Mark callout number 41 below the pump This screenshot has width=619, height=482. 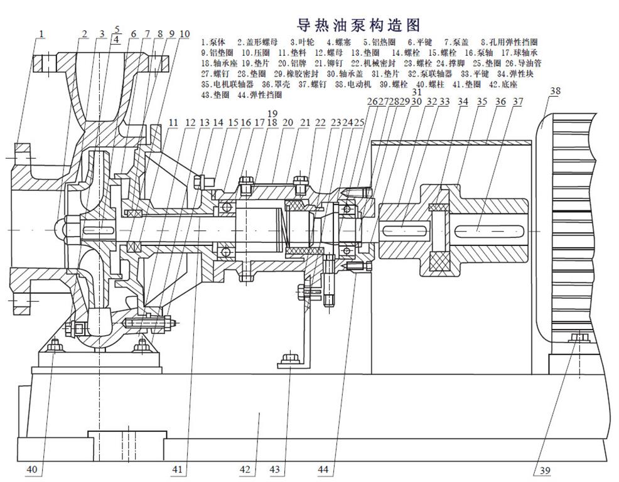(x=179, y=469)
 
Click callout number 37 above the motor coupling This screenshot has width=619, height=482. (x=518, y=102)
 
